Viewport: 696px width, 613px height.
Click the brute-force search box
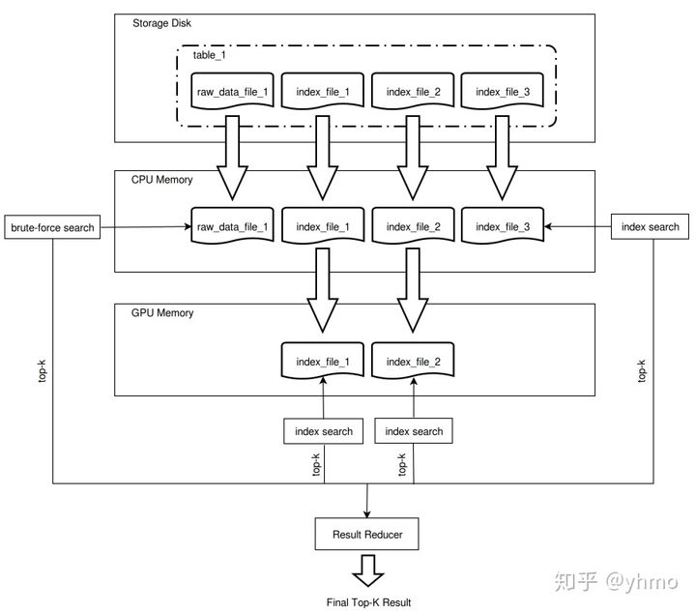tap(52, 227)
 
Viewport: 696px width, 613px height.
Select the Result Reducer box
tap(367, 534)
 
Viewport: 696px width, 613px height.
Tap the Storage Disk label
tap(159, 22)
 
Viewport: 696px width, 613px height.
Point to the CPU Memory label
tap(161, 179)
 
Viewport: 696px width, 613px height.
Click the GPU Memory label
tap(161, 312)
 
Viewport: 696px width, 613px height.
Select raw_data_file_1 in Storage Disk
tap(232, 92)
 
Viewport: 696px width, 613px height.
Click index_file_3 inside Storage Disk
tap(504, 92)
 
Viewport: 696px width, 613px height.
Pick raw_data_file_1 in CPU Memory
tap(232, 227)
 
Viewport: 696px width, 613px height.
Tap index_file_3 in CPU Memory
tap(504, 227)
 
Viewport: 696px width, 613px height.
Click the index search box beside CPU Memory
tap(651, 227)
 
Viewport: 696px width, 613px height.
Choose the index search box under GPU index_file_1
tap(324, 431)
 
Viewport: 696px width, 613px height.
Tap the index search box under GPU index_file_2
tap(414, 431)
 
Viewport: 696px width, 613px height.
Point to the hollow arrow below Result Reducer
tap(367, 571)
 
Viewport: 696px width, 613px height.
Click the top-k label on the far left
tap(43, 371)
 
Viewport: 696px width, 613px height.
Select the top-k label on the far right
tap(640, 371)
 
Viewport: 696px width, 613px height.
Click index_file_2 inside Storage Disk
tap(413, 92)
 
